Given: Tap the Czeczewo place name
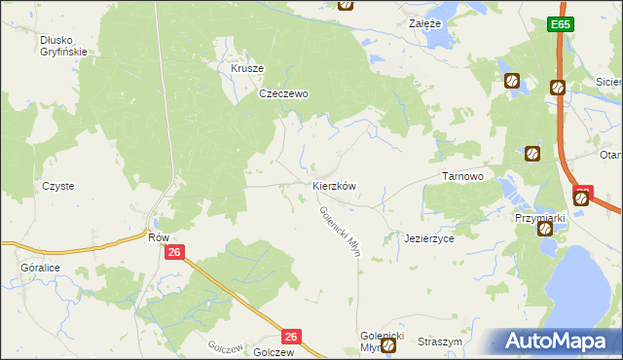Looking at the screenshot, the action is point(283,94).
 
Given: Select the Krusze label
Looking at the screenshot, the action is point(247,69).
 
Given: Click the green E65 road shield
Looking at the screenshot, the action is point(558,24).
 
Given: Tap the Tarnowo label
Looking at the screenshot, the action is point(463,176).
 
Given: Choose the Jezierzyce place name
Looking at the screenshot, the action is point(429,238).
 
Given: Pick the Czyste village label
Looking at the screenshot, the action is point(57,185).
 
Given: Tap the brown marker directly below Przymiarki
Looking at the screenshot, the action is point(545,230).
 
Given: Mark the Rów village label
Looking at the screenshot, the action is point(158,237).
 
